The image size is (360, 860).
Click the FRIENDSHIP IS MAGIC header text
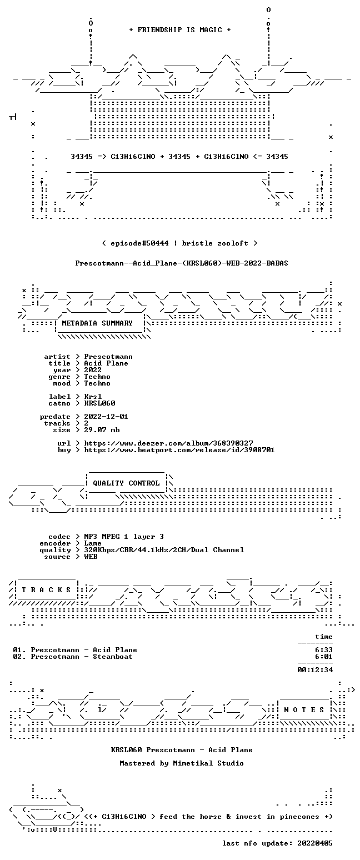(x=179, y=30)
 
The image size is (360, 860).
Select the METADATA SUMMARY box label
(x=97, y=323)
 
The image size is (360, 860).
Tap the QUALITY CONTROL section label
(x=126, y=483)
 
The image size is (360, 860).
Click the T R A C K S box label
(x=47, y=589)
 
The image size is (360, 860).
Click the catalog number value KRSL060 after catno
(x=100, y=403)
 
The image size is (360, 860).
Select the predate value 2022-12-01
(x=106, y=417)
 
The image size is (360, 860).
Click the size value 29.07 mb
(x=102, y=430)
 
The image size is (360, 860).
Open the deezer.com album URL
(x=168, y=443)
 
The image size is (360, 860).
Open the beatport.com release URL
(x=179, y=450)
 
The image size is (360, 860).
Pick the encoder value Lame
(x=93, y=543)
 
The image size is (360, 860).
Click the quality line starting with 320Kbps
(x=164, y=550)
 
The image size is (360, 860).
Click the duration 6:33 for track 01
(x=324, y=650)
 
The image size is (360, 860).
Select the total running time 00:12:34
(x=315, y=670)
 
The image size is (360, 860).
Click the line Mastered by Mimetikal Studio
(x=182, y=763)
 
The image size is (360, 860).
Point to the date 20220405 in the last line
(x=315, y=843)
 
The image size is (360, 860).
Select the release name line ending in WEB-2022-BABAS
(x=182, y=263)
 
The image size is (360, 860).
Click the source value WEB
(x=91, y=557)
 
